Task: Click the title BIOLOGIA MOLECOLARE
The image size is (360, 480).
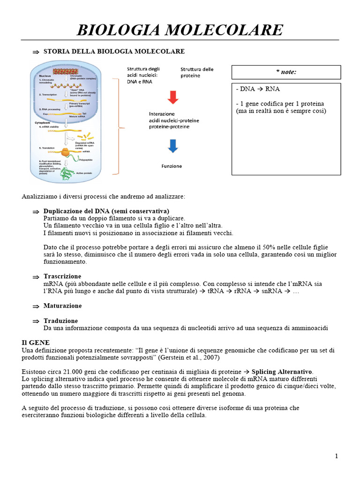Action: click(180, 30)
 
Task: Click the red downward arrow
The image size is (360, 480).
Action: click(172, 97)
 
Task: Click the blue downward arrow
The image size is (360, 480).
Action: click(172, 146)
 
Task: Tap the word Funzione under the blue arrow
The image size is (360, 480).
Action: click(172, 166)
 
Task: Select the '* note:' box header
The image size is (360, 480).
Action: click(286, 72)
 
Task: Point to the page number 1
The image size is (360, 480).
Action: click(336, 456)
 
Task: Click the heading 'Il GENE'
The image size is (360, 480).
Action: click(36, 343)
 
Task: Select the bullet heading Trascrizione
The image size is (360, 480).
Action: click(62, 276)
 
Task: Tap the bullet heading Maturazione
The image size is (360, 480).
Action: click(62, 306)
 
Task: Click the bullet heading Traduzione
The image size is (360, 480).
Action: click(60, 321)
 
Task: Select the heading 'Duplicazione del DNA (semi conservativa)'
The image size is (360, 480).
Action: click(106, 211)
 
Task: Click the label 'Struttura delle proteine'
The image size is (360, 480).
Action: click(197, 72)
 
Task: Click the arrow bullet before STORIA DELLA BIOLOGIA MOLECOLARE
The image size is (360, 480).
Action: click(36, 52)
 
